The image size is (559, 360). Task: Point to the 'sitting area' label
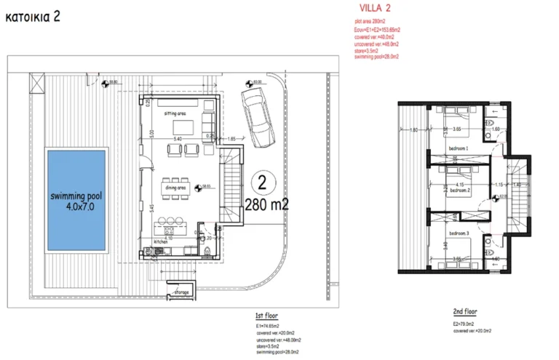(x=176, y=114)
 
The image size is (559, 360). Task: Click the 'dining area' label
(x=176, y=188)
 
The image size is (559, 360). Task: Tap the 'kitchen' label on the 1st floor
(x=162, y=241)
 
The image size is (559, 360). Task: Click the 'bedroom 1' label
(x=458, y=148)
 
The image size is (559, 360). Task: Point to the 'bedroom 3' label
(x=458, y=233)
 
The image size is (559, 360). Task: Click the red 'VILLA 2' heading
(x=376, y=9)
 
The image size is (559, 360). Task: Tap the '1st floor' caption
(x=264, y=316)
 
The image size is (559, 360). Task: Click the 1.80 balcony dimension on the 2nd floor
(x=413, y=130)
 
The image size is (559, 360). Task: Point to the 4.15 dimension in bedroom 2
(x=459, y=185)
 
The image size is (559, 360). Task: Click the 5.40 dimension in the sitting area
(x=176, y=137)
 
